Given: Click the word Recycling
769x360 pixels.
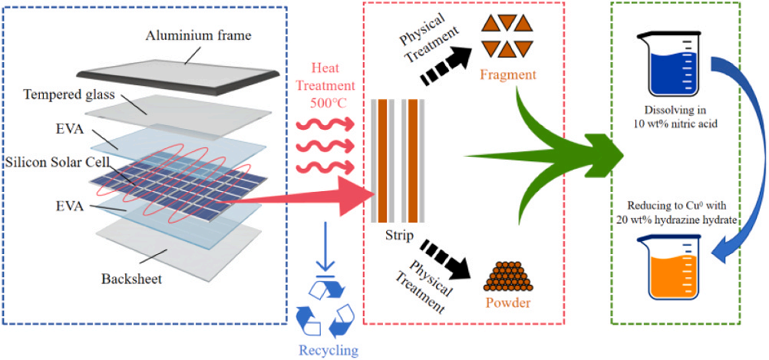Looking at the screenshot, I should point(328,351).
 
